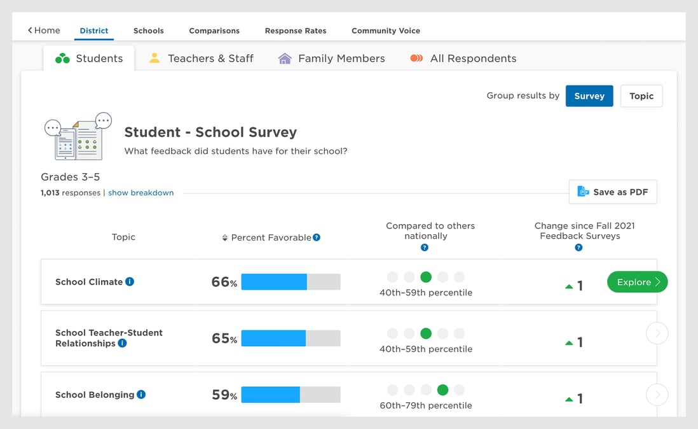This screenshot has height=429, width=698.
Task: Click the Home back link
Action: [x=44, y=31]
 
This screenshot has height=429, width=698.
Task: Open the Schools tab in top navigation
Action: [x=148, y=31]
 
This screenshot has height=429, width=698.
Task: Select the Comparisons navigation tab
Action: [x=214, y=31]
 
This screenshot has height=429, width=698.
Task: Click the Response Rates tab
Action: [x=296, y=31]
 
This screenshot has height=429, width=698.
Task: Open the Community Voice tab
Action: [x=385, y=31]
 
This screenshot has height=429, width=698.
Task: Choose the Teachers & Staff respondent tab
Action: [x=202, y=59]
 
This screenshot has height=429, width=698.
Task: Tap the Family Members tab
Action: [x=332, y=59]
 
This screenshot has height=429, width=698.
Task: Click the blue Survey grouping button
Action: [x=589, y=96]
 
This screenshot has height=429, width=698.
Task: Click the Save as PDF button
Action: [x=612, y=192]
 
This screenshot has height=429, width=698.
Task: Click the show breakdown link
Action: [x=140, y=193]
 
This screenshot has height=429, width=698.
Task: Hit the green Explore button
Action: [x=637, y=282]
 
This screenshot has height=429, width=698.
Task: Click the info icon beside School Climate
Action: [x=130, y=281]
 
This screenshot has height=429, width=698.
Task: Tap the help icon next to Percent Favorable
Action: [x=317, y=237]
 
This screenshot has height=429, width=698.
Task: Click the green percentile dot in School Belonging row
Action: [x=443, y=390]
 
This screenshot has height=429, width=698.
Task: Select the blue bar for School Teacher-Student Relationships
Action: [x=273, y=338]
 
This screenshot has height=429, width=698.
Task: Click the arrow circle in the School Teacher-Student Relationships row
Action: [x=657, y=333]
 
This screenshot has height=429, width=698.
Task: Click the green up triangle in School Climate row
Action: [x=569, y=286]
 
